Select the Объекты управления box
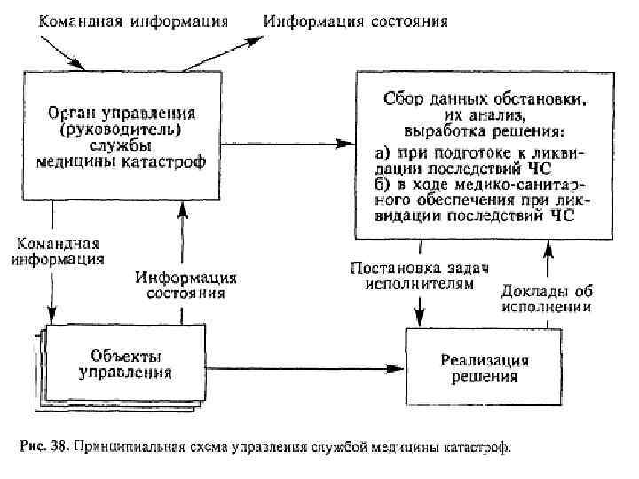tap(124, 365)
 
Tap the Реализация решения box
tap(485, 366)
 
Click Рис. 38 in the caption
tap(41, 448)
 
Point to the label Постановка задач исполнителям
tap(421, 276)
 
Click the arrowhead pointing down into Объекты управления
tap(51, 316)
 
